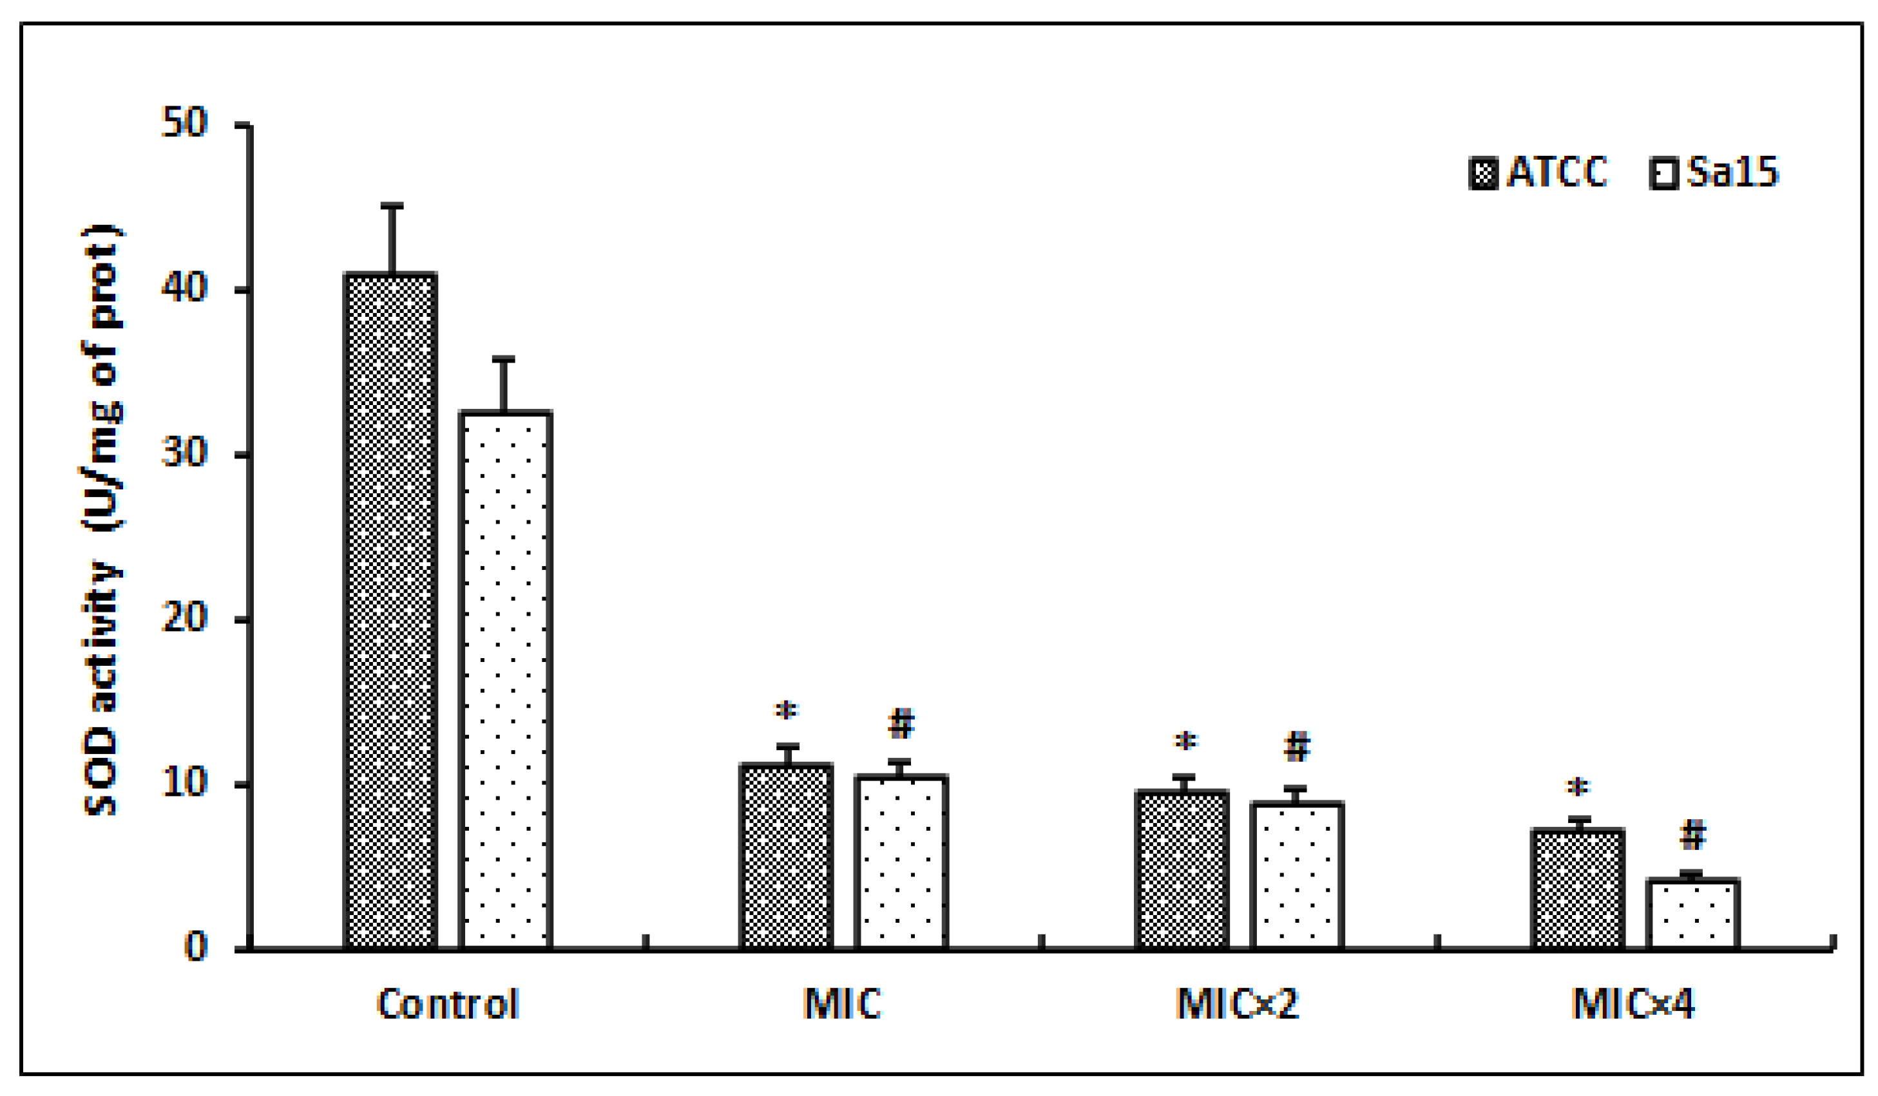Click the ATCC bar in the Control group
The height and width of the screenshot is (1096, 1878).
click(x=390, y=611)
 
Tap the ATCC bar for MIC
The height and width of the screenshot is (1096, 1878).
click(x=786, y=857)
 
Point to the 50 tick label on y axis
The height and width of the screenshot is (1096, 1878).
click(x=184, y=124)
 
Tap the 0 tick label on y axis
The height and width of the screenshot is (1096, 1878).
click(x=195, y=948)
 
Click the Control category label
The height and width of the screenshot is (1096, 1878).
click(x=447, y=1005)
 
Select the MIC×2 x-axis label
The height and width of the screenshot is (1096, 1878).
click(x=1237, y=1005)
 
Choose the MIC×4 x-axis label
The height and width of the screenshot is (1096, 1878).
click(x=1634, y=1005)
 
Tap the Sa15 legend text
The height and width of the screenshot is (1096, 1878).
click(x=1732, y=172)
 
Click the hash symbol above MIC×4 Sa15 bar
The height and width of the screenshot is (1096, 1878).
click(x=1692, y=835)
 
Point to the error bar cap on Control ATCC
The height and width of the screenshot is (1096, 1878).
click(x=392, y=205)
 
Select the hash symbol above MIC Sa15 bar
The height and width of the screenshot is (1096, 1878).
click(x=901, y=723)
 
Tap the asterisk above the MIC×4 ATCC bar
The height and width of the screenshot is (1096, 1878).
click(x=1578, y=787)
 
